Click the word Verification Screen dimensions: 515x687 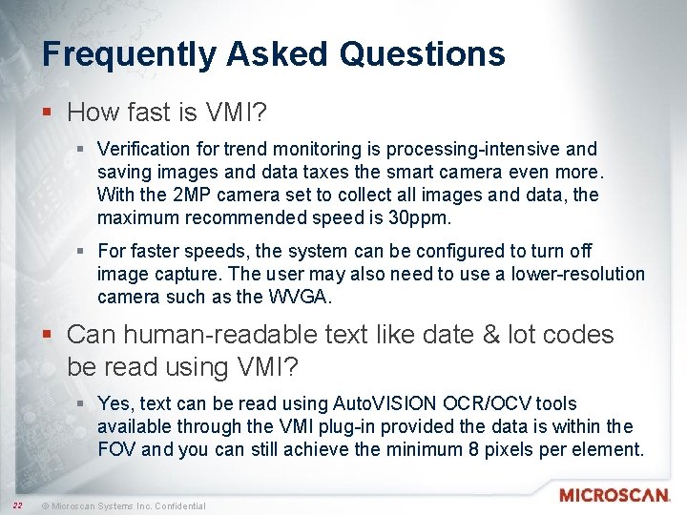[x=141, y=149]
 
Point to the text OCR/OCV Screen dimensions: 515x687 [x=473, y=404]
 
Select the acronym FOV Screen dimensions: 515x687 [x=117, y=450]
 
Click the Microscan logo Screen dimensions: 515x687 [x=614, y=496]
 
